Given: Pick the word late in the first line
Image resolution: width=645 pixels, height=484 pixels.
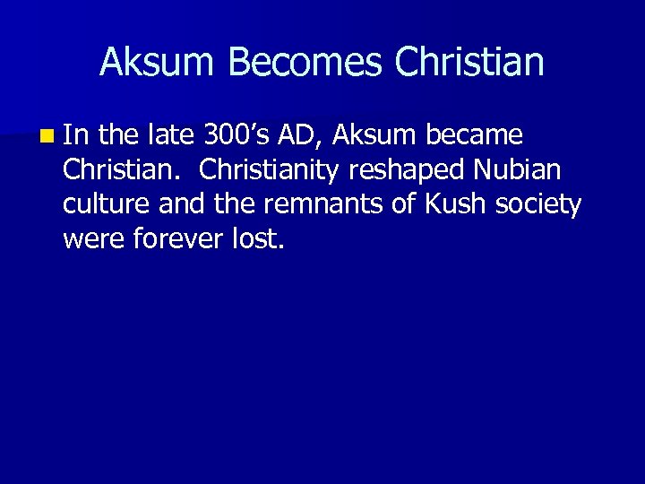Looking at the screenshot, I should click(x=170, y=136).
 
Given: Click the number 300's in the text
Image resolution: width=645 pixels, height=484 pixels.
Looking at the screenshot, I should click(x=236, y=136).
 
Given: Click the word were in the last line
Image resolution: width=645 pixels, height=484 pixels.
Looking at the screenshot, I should click(x=91, y=239).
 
